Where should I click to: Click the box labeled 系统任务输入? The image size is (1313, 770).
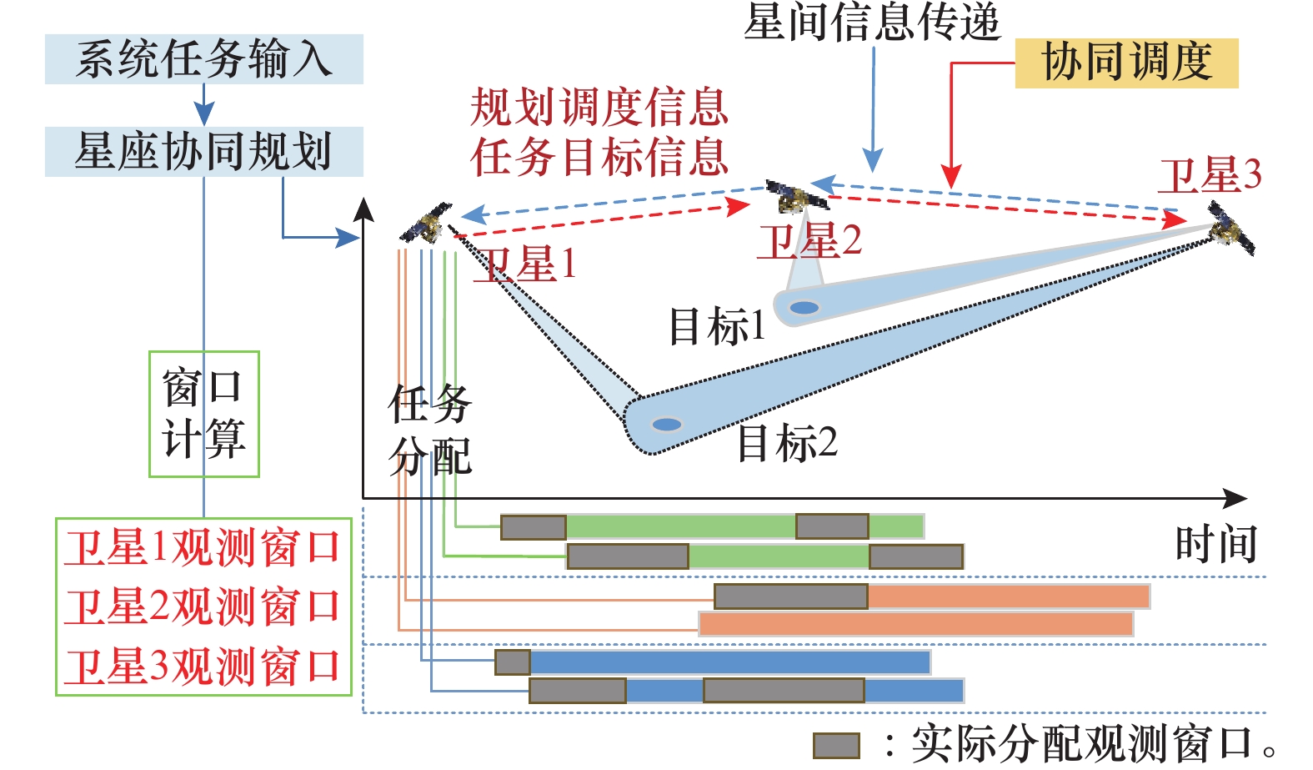[x=203, y=59]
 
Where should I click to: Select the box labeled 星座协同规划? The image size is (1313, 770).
[x=203, y=152]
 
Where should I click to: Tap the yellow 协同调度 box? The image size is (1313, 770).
[x=1126, y=63]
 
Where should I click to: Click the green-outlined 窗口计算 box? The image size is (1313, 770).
[x=203, y=414]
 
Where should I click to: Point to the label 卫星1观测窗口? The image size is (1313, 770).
[x=203, y=548]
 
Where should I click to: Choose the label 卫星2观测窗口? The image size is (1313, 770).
[x=203, y=606]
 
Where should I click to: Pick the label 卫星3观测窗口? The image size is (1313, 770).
[x=203, y=667]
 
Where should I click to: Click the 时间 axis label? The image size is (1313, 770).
[x=1215, y=545]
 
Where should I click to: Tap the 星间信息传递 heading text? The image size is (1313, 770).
[x=871, y=22]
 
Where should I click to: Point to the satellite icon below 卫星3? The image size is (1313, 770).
[x=1231, y=229]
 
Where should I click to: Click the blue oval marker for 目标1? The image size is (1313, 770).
[x=804, y=308]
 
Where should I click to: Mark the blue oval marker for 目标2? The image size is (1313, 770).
[x=666, y=425]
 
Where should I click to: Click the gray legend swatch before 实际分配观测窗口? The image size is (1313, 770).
[x=836, y=745]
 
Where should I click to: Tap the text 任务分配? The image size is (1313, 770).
[x=430, y=430]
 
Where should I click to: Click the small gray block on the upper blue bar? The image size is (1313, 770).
[x=513, y=662]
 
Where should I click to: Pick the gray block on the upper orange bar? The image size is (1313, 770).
[x=790, y=596]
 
